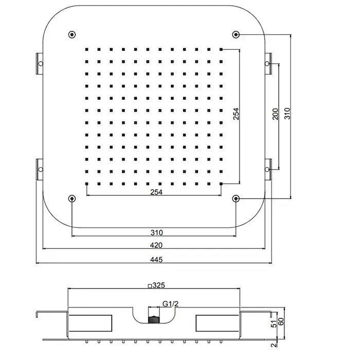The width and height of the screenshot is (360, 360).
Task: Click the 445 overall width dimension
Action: pyautogui.click(x=156, y=260)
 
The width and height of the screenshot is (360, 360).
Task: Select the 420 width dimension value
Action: pyautogui.click(x=156, y=245)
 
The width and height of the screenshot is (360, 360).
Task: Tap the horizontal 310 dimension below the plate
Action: pyautogui.click(x=156, y=232)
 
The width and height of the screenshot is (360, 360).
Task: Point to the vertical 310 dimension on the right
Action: pyautogui.click(x=287, y=114)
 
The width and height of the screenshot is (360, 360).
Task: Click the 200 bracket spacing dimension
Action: pyautogui.click(x=275, y=114)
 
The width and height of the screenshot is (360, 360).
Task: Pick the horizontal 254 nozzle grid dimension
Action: pyautogui.click(x=156, y=192)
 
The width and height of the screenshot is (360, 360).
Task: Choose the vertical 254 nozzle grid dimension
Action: pyautogui.click(x=236, y=114)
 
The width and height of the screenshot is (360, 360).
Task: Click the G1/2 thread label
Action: pyautogui.click(x=170, y=304)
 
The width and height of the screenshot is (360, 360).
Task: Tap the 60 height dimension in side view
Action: pyautogui.click(x=281, y=321)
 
